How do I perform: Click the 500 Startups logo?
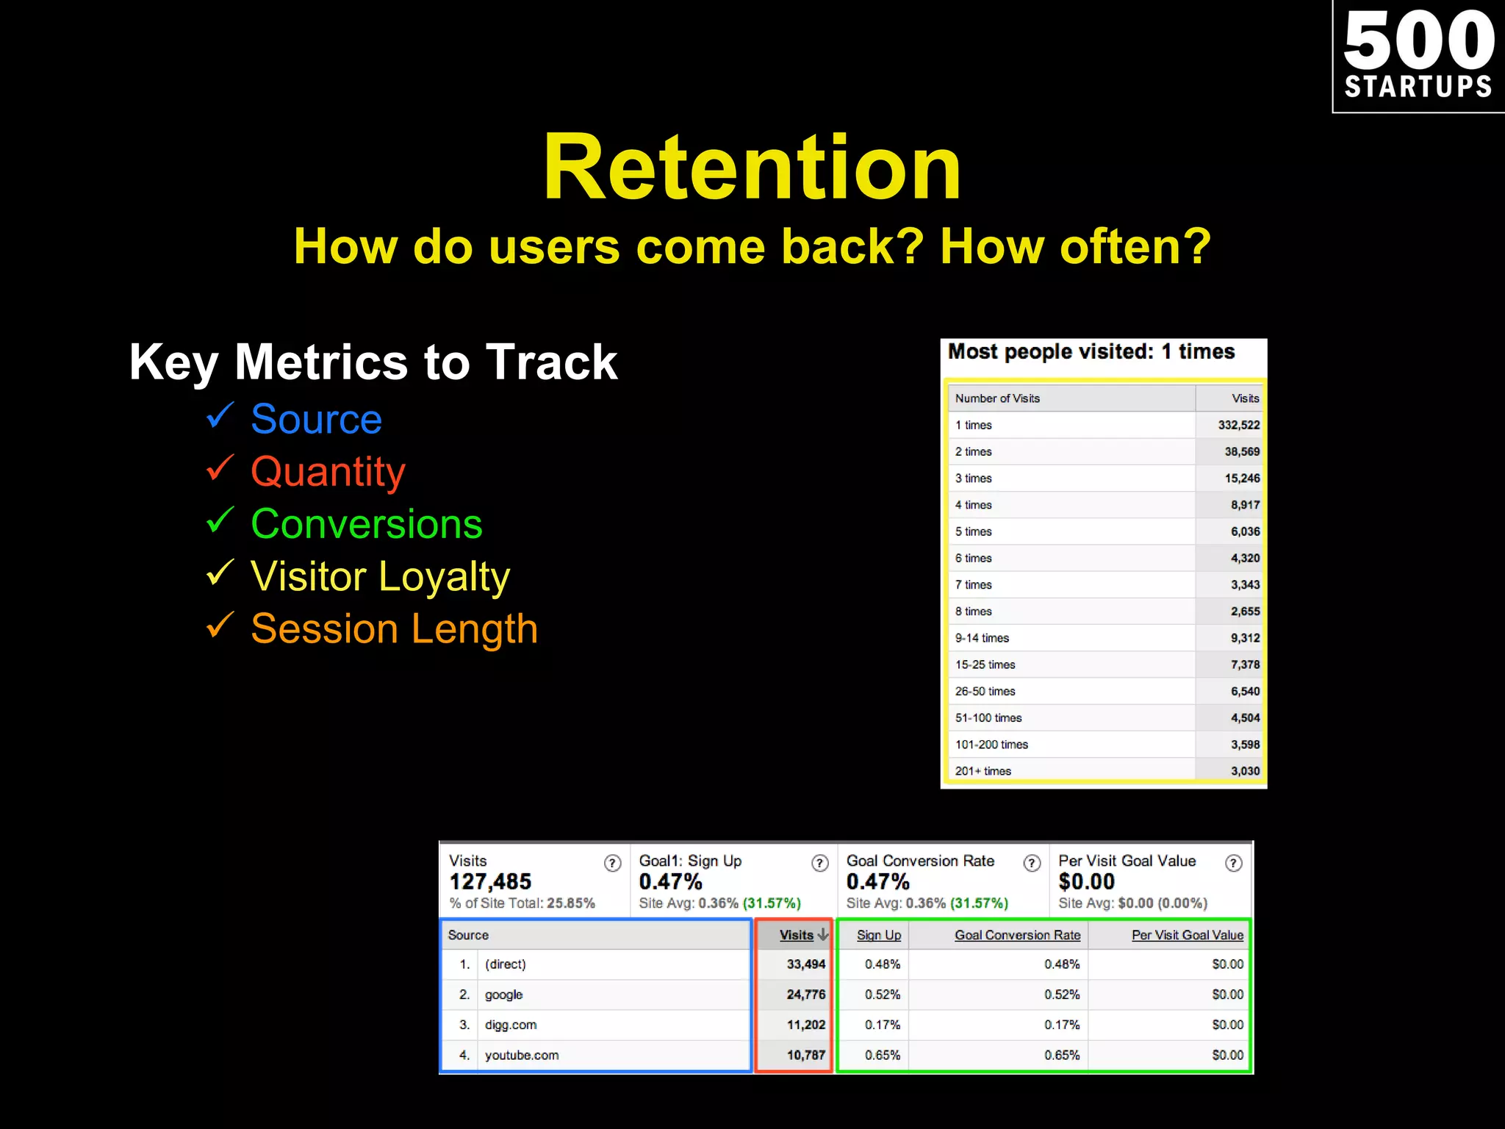tap(1418, 56)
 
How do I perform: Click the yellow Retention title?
tap(752, 167)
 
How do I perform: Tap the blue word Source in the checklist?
tap(316, 419)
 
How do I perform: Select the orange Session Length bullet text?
tap(394, 629)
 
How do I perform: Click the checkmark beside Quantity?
tap(220, 467)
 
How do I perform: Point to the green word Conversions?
tap(366, 524)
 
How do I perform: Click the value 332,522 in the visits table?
tap(1238, 425)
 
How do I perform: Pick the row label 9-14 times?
tap(982, 638)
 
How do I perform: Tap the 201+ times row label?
tap(983, 771)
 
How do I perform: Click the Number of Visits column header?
tap(997, 398)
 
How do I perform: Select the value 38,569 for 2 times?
tap(1241, 451)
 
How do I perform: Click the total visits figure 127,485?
tap(490, 881)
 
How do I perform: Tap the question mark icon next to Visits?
tap(612, 863)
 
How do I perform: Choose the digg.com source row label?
tap(511, 1025)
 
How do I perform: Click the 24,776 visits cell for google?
tap(805, 994)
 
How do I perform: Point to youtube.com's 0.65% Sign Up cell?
tap(882, 1055)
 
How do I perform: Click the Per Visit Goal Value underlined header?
tap(1187, 935)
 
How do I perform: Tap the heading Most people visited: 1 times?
tap(1091, 352)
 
